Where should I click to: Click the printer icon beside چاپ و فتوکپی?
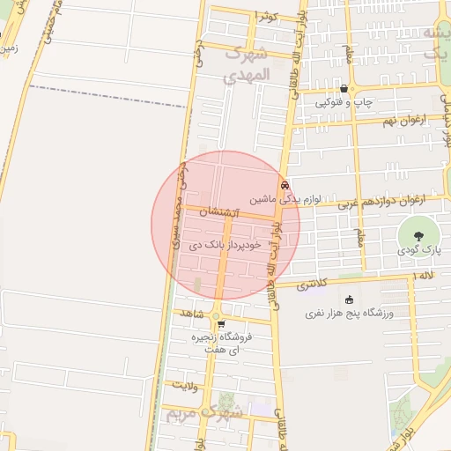[344, 89]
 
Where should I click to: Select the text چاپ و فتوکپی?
[344, 103]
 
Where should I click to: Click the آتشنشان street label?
[218, 212]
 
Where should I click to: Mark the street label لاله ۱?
[423, 277]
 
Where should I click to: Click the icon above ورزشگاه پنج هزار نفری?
[350, 299]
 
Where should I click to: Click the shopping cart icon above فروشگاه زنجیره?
[220, 323]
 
